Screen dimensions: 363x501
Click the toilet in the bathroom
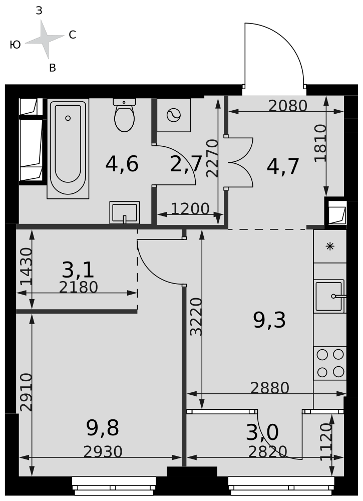(x=124, y=115)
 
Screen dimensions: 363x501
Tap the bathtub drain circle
(x=68, y=118)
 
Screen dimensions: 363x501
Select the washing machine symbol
(x=174, y=115)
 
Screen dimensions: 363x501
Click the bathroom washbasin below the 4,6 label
(x=125, y=212)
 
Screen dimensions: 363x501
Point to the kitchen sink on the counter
(x=330, y=296)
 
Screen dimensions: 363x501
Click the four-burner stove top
(x=330, y=363)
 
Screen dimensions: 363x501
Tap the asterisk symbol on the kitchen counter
(x=330, y=246)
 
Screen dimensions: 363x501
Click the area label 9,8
(x=103, y=428)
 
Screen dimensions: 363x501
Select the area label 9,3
(x=269, y=320)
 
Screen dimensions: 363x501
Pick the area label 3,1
(x=78, y=270)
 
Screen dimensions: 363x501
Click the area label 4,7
(x=283, y=166)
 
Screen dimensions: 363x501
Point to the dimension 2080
(x=288, y=106)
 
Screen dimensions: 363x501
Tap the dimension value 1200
(x=190, y=208)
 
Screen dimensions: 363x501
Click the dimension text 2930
(x=103, y=452)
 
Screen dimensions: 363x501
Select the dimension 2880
(x=270, y=388)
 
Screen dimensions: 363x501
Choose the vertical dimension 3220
(x=196, y=317)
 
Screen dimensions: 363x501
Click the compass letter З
(x=39, y=11)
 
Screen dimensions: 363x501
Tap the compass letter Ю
(x=16, y=45)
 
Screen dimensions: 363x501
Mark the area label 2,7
(x=186, y=164)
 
